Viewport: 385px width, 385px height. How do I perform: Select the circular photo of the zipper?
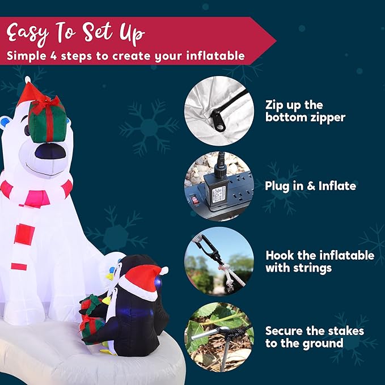pyautogui.click(x=219, y=111)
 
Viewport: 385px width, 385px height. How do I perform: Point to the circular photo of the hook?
pyautogui.click(x=219, y=261)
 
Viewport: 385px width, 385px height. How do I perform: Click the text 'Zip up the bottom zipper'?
pyautogui.click(x=305, y=111)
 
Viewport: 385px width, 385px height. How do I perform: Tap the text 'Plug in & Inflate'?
pyautogui.click(x=310, y=186)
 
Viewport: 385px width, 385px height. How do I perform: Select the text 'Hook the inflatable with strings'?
pyautogui.click(x=319, y=261)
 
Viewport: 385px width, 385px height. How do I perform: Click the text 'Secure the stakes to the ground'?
pyautogui.click(x=314, y=337)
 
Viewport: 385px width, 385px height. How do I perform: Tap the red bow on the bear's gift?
pyautogui.click(x=46, y=103)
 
